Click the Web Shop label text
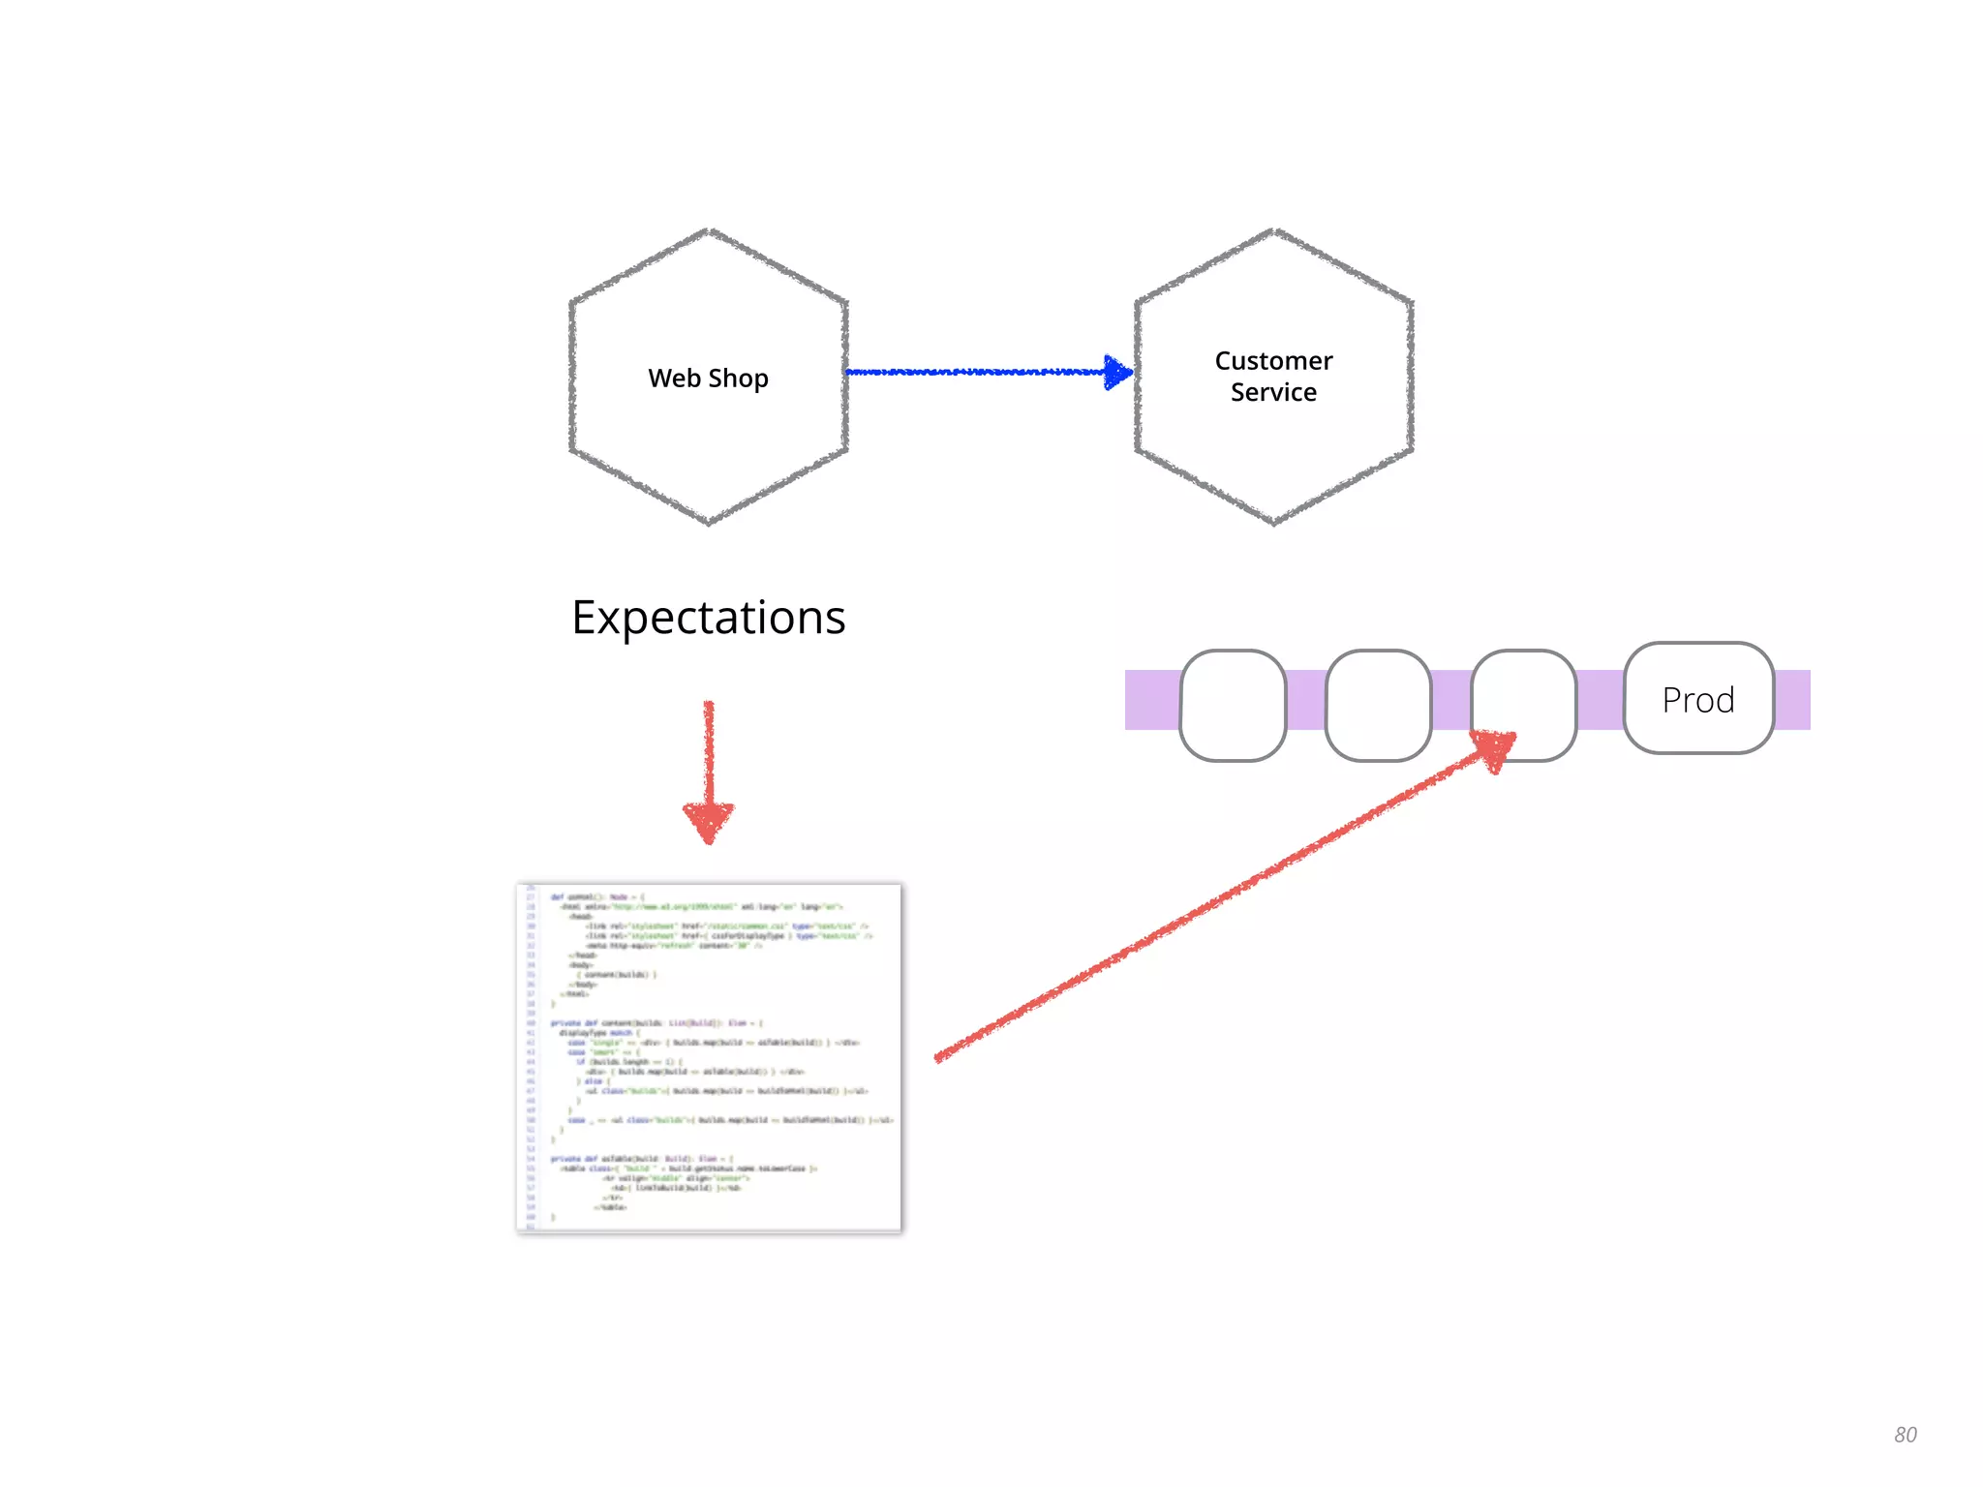point(708,379)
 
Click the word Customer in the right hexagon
point(1273,361)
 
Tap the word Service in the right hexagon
point(1273,392)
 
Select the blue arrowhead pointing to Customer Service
point(1118,372)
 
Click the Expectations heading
point(708,618)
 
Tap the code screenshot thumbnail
point(709,1057)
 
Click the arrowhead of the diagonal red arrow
point(1494,747)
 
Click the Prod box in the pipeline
point(1698,699)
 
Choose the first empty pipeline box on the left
point(1233,705)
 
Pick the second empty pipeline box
point(1378,705)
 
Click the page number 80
point(1905,1435)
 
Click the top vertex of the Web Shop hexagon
point(709,230)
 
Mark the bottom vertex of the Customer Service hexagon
point(1274,524)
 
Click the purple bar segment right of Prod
point(1792,700)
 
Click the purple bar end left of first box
point(1151,700)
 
